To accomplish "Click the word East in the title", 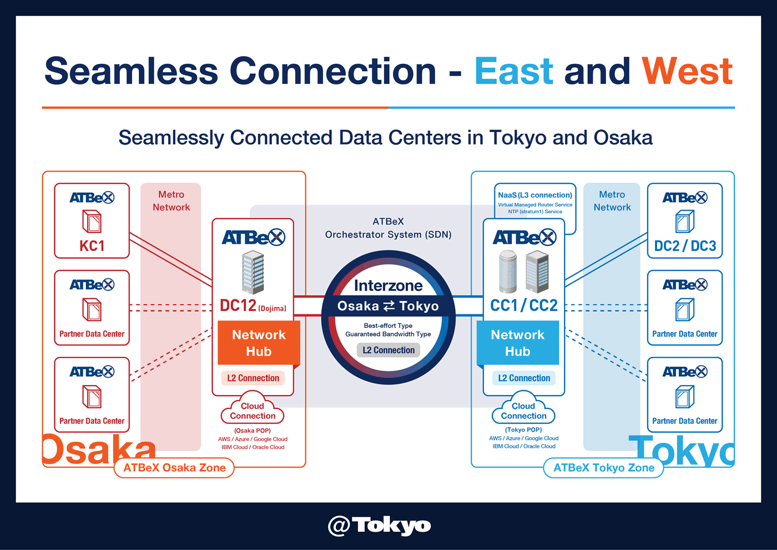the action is [514, 71].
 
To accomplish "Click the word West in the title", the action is [687, 71].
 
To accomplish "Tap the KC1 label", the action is [92, 246].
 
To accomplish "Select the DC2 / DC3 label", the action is [685, 246].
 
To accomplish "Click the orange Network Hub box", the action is [259, 343].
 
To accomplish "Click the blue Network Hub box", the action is [518, 343].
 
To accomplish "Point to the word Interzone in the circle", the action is [389, 286].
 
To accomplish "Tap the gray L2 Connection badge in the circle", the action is [389, 350].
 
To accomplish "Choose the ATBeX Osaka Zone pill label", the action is [174, 468].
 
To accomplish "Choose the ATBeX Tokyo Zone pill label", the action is [604, 468].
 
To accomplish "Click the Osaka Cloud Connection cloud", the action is [253, 409].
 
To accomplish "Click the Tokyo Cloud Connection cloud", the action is [523, 409].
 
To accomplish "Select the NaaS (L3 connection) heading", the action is [535, 195].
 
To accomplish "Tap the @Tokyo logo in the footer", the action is [380, 526].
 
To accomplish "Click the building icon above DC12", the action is [253, 272].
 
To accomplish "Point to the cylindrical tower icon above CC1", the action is [508, 271].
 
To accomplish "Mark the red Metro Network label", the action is [171, 201].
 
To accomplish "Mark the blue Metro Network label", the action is [612, 201].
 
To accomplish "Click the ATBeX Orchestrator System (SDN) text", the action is [389, 228].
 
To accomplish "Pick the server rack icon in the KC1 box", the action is [92, 221].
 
